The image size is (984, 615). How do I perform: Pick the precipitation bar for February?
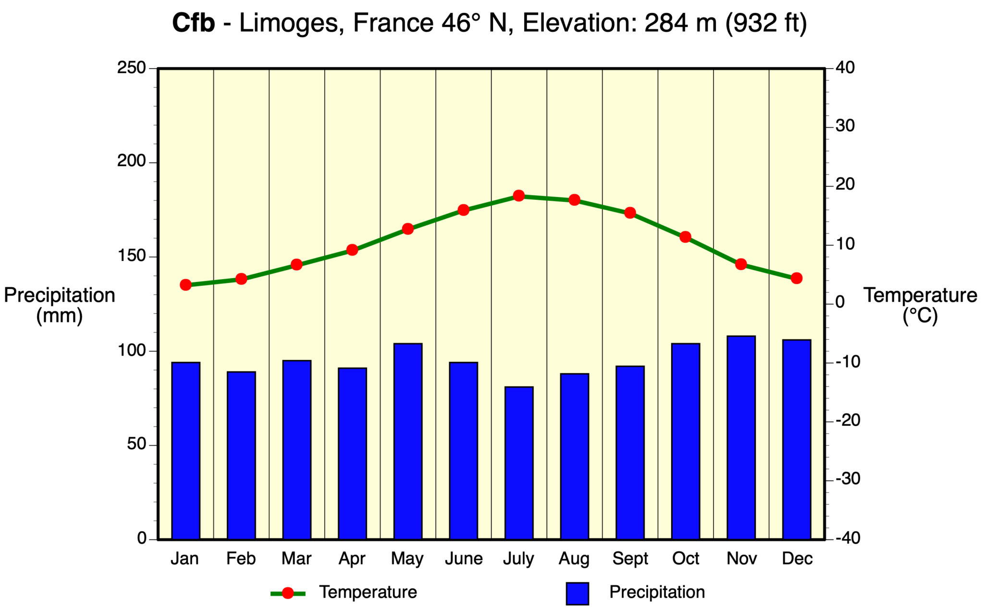click(x=241, y=455)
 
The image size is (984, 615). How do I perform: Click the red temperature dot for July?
click(x=518, y=196)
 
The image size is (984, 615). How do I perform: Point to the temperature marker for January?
click(x=185, y=285)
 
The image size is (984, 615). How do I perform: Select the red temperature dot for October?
click(x=685, y=237)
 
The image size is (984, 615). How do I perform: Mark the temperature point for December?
click(x=796, y=278)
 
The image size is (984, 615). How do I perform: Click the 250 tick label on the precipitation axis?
click(x=131, y=68)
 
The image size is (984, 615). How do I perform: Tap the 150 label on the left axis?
click(x=131, y=256)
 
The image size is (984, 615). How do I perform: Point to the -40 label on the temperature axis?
click(x=848, y=539)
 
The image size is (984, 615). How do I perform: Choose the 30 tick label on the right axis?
click(x=845, y=126)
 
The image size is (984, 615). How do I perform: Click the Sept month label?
click(x=630, y=559)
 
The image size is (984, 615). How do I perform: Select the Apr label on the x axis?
click(x=352, y=559)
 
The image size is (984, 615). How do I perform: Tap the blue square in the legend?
click(x=577, y=593)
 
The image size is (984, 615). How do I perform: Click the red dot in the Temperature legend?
click(x=288, y=593)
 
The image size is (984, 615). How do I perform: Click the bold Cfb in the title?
click(x=193, y=23)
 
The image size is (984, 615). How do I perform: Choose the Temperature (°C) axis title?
click(x=920, y=306)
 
